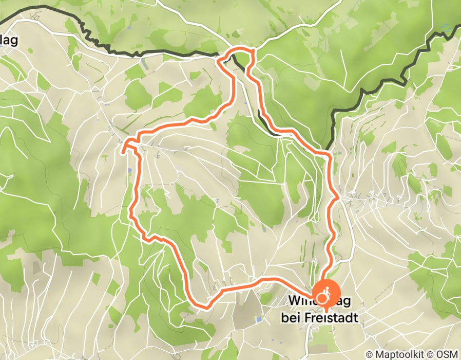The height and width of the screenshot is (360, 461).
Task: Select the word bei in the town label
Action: coord(291,318)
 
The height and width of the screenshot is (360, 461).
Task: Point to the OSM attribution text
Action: coord(448,354)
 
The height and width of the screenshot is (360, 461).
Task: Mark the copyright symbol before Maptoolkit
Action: coord(370,354)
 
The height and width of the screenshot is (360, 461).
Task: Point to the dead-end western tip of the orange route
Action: coord(123,152)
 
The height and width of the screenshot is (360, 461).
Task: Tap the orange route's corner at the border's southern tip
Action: coord(329,153)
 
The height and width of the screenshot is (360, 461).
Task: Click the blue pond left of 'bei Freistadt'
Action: coord(258,319)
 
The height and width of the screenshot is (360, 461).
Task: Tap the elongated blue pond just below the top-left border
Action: coord(143,65)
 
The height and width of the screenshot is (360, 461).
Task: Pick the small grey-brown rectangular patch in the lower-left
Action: coord(35,267)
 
